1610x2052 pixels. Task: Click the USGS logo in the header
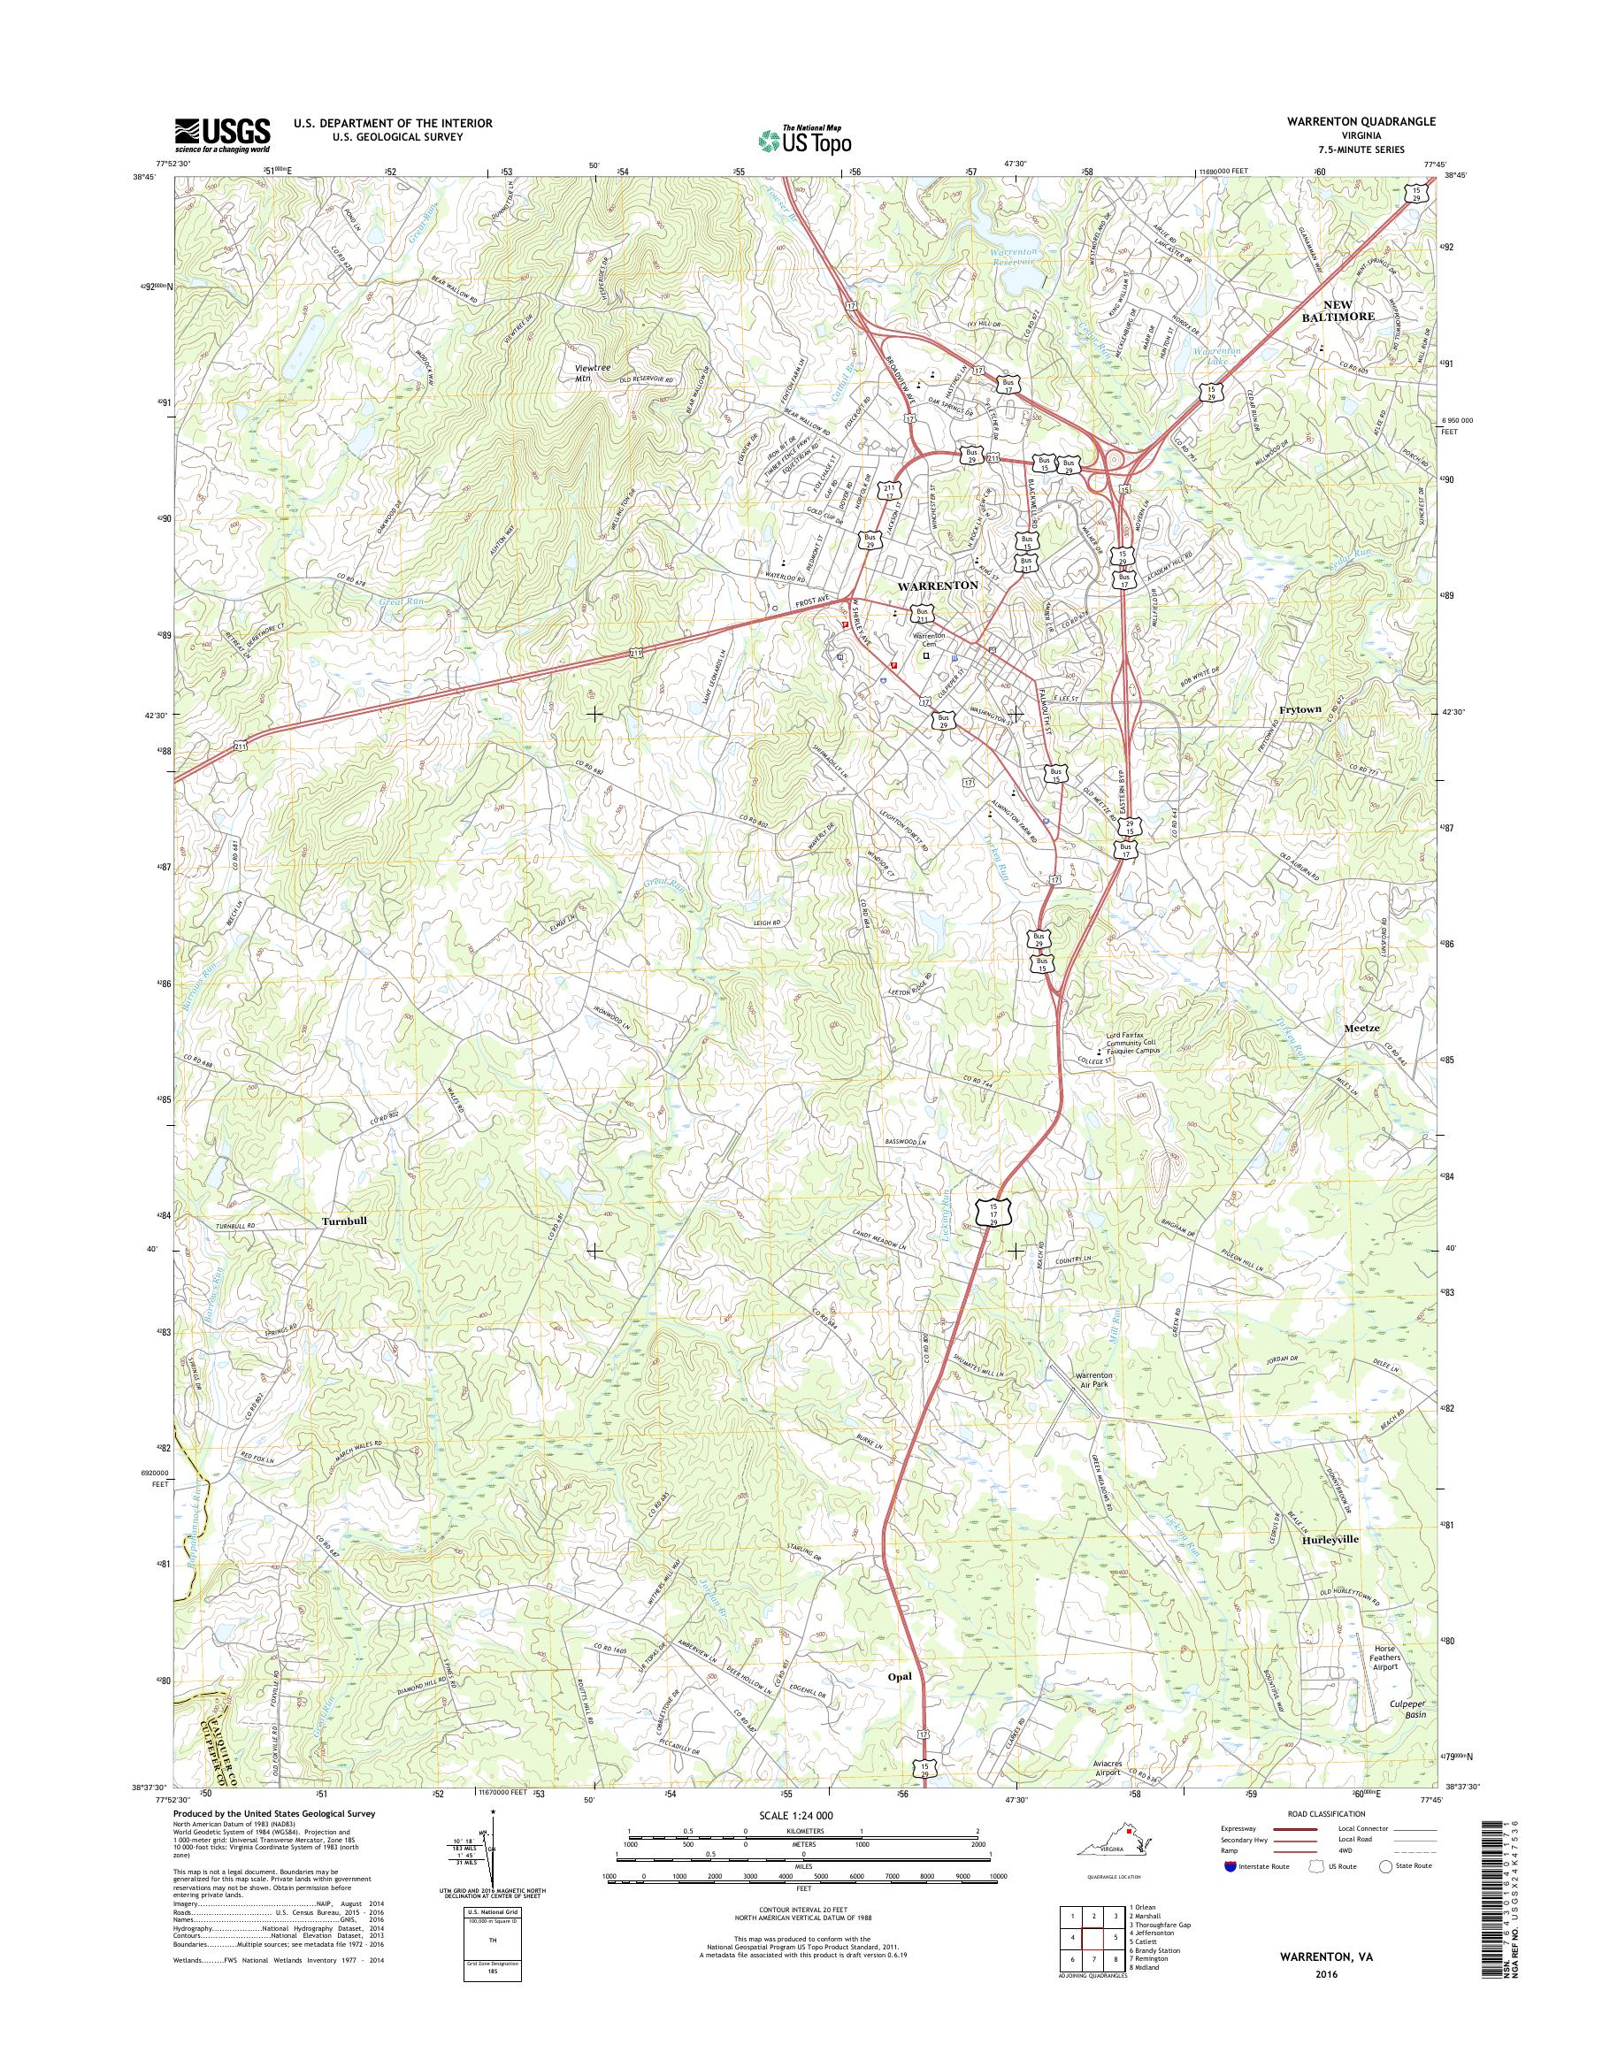click(x=221, y=134)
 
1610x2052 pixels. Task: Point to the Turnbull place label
click(x=343, y=1221)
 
